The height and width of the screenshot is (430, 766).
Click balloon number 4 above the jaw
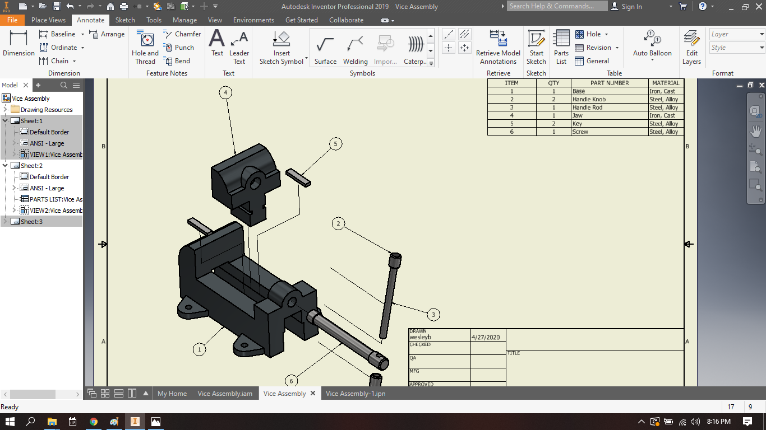pyautogui.click(x=225, y=92)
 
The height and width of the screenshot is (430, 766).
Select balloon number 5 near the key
pyautogui.click(x=335, y=144)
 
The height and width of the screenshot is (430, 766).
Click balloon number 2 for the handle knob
pyautogui.click(x=338, y=224)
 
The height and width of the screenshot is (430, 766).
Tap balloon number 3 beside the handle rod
pyautogui.click(x=433, y=314)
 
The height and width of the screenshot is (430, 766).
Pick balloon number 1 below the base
pyautogui.click(x=199, y=349)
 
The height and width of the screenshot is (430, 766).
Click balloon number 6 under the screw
pyautogui.click(x=291, y=381)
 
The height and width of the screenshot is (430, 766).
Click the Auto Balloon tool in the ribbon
pyautogui.click(x=652, y=45)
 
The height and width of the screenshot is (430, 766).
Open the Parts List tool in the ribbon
pyautogui.click(x=561, y=47)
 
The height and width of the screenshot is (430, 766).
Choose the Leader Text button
pyautogui.click(x=239, y=47)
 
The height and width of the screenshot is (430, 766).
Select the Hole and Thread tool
pyautogui.click(x=145, y=47)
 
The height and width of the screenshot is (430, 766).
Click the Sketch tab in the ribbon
pyautogui.click(x=125, y=20)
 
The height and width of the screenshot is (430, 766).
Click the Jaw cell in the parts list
pyautogui.click(x=578, y=115)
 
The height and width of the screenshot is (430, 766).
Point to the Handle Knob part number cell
pyautogui.click(x=589, y=99)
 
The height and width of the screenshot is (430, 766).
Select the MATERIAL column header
pyautogui.click(x=666, y=83)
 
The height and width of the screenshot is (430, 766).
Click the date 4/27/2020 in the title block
pyautogui.click(x=485, y=337)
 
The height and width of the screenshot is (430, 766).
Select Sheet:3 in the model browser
pyautogui.click(x=31, y=222)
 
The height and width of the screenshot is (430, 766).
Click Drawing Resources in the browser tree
pyautogui.click(x=47, y=110)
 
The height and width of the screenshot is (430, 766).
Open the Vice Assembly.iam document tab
pyautogui.click(x=224, y=394)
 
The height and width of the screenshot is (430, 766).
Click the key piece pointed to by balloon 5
pyautogui.click(x=298, y=177)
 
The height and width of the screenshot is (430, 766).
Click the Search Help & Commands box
pyautogui.click(x=557, y=6)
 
